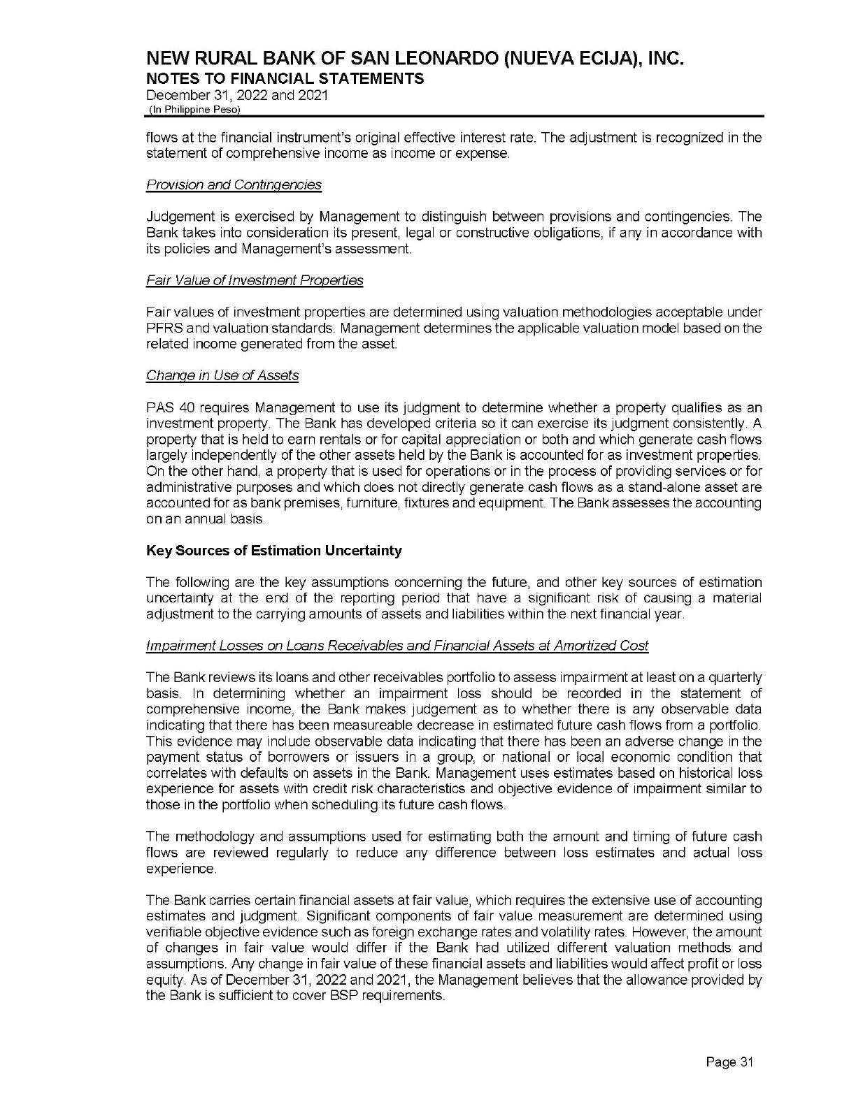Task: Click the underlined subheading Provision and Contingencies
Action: [x=234, y=184]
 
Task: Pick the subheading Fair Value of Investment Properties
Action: [x=255, y=280]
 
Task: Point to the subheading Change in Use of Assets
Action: [x=222, y=375]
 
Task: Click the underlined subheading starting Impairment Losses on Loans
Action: [x=397, y=646]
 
